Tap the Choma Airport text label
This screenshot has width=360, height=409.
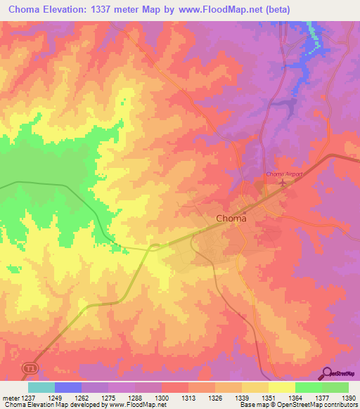[283, 174]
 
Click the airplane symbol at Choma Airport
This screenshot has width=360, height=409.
[283, 183]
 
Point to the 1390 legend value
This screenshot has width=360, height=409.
[349, 397]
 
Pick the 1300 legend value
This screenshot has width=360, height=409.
[161, 397]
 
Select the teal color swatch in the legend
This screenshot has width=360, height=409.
[41, 387]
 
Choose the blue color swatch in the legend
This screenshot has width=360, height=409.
[68, 387]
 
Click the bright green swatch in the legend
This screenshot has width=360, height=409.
[308, 387]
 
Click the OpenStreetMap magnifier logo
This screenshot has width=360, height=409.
[328, 372]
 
